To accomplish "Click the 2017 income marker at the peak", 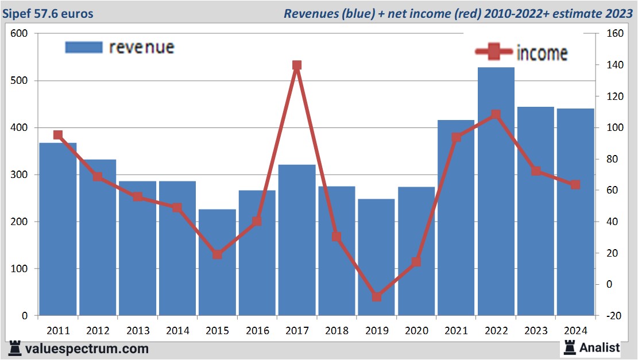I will (x=297, y=65).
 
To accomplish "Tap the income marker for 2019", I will (x=376, y=297).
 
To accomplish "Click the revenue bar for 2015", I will (x=217, y=262).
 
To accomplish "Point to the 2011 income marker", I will (x=58, y=135).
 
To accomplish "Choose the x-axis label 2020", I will (x=416, y=331).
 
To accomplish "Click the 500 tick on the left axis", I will (x=20, y=80).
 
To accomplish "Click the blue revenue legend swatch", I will (x=83, y=47).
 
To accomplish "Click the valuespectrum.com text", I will (x=87, y=349).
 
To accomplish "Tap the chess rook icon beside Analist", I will (x=570, y=347).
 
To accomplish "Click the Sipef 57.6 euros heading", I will (x=48, y=13).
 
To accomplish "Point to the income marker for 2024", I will (x=575, y=185).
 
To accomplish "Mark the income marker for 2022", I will (x=496, y=115).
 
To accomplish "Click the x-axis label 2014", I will (x=177, y=331).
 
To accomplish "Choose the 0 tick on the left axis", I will (x=25, y=316).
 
